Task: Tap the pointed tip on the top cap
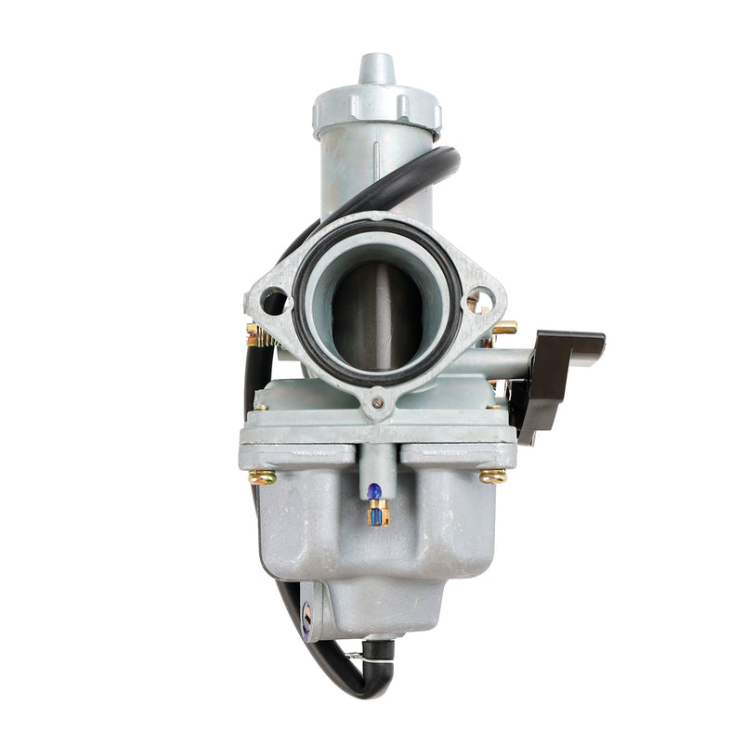(x=376, y=68)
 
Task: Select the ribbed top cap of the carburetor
(x=376, y=109)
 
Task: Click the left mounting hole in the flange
(x=274, y=301)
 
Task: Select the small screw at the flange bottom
(x=377, y=403)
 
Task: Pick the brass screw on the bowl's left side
(x=263, y=477)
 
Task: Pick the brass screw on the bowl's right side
(x=492, y=476)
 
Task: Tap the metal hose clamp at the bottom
(x=356, y=657)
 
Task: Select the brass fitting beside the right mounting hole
(x=504, y=328)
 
